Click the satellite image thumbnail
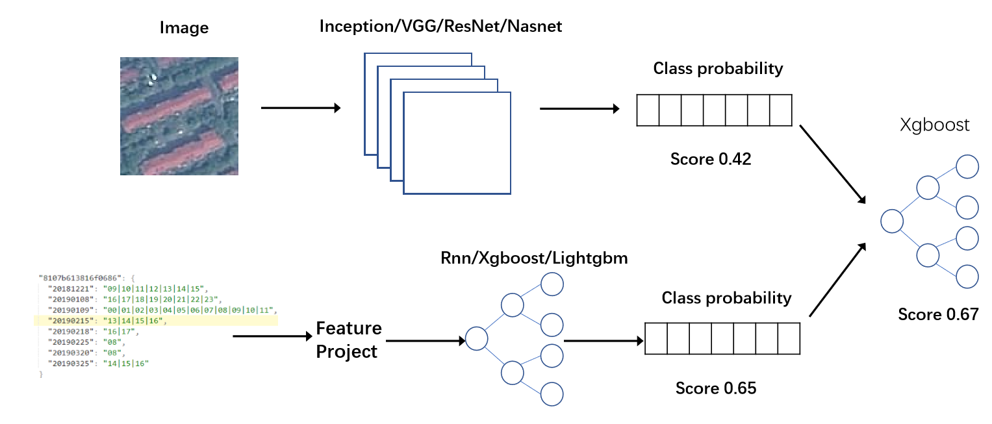179,116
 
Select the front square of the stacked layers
457,143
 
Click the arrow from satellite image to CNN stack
300,108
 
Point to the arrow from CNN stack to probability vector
579,108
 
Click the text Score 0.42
711,158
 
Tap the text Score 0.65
716,388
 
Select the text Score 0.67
938,314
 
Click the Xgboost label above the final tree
935,125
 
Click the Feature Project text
348,340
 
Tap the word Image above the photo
185,28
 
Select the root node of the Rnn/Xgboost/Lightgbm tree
476,338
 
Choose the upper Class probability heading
718,68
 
